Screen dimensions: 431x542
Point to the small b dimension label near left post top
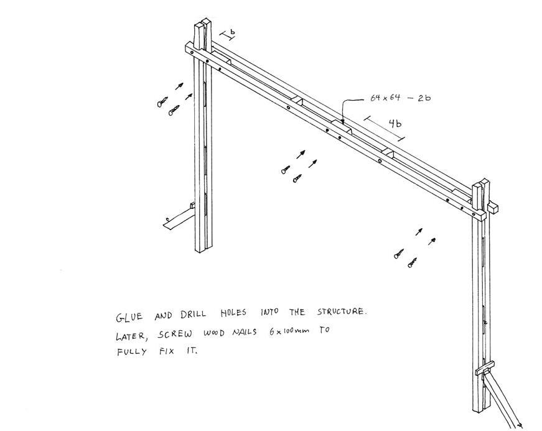pos(231,30)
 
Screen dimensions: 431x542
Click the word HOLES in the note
pos(236,313)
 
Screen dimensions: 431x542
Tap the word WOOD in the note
pos(213,333)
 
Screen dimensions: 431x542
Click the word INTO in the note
pos(269,312)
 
